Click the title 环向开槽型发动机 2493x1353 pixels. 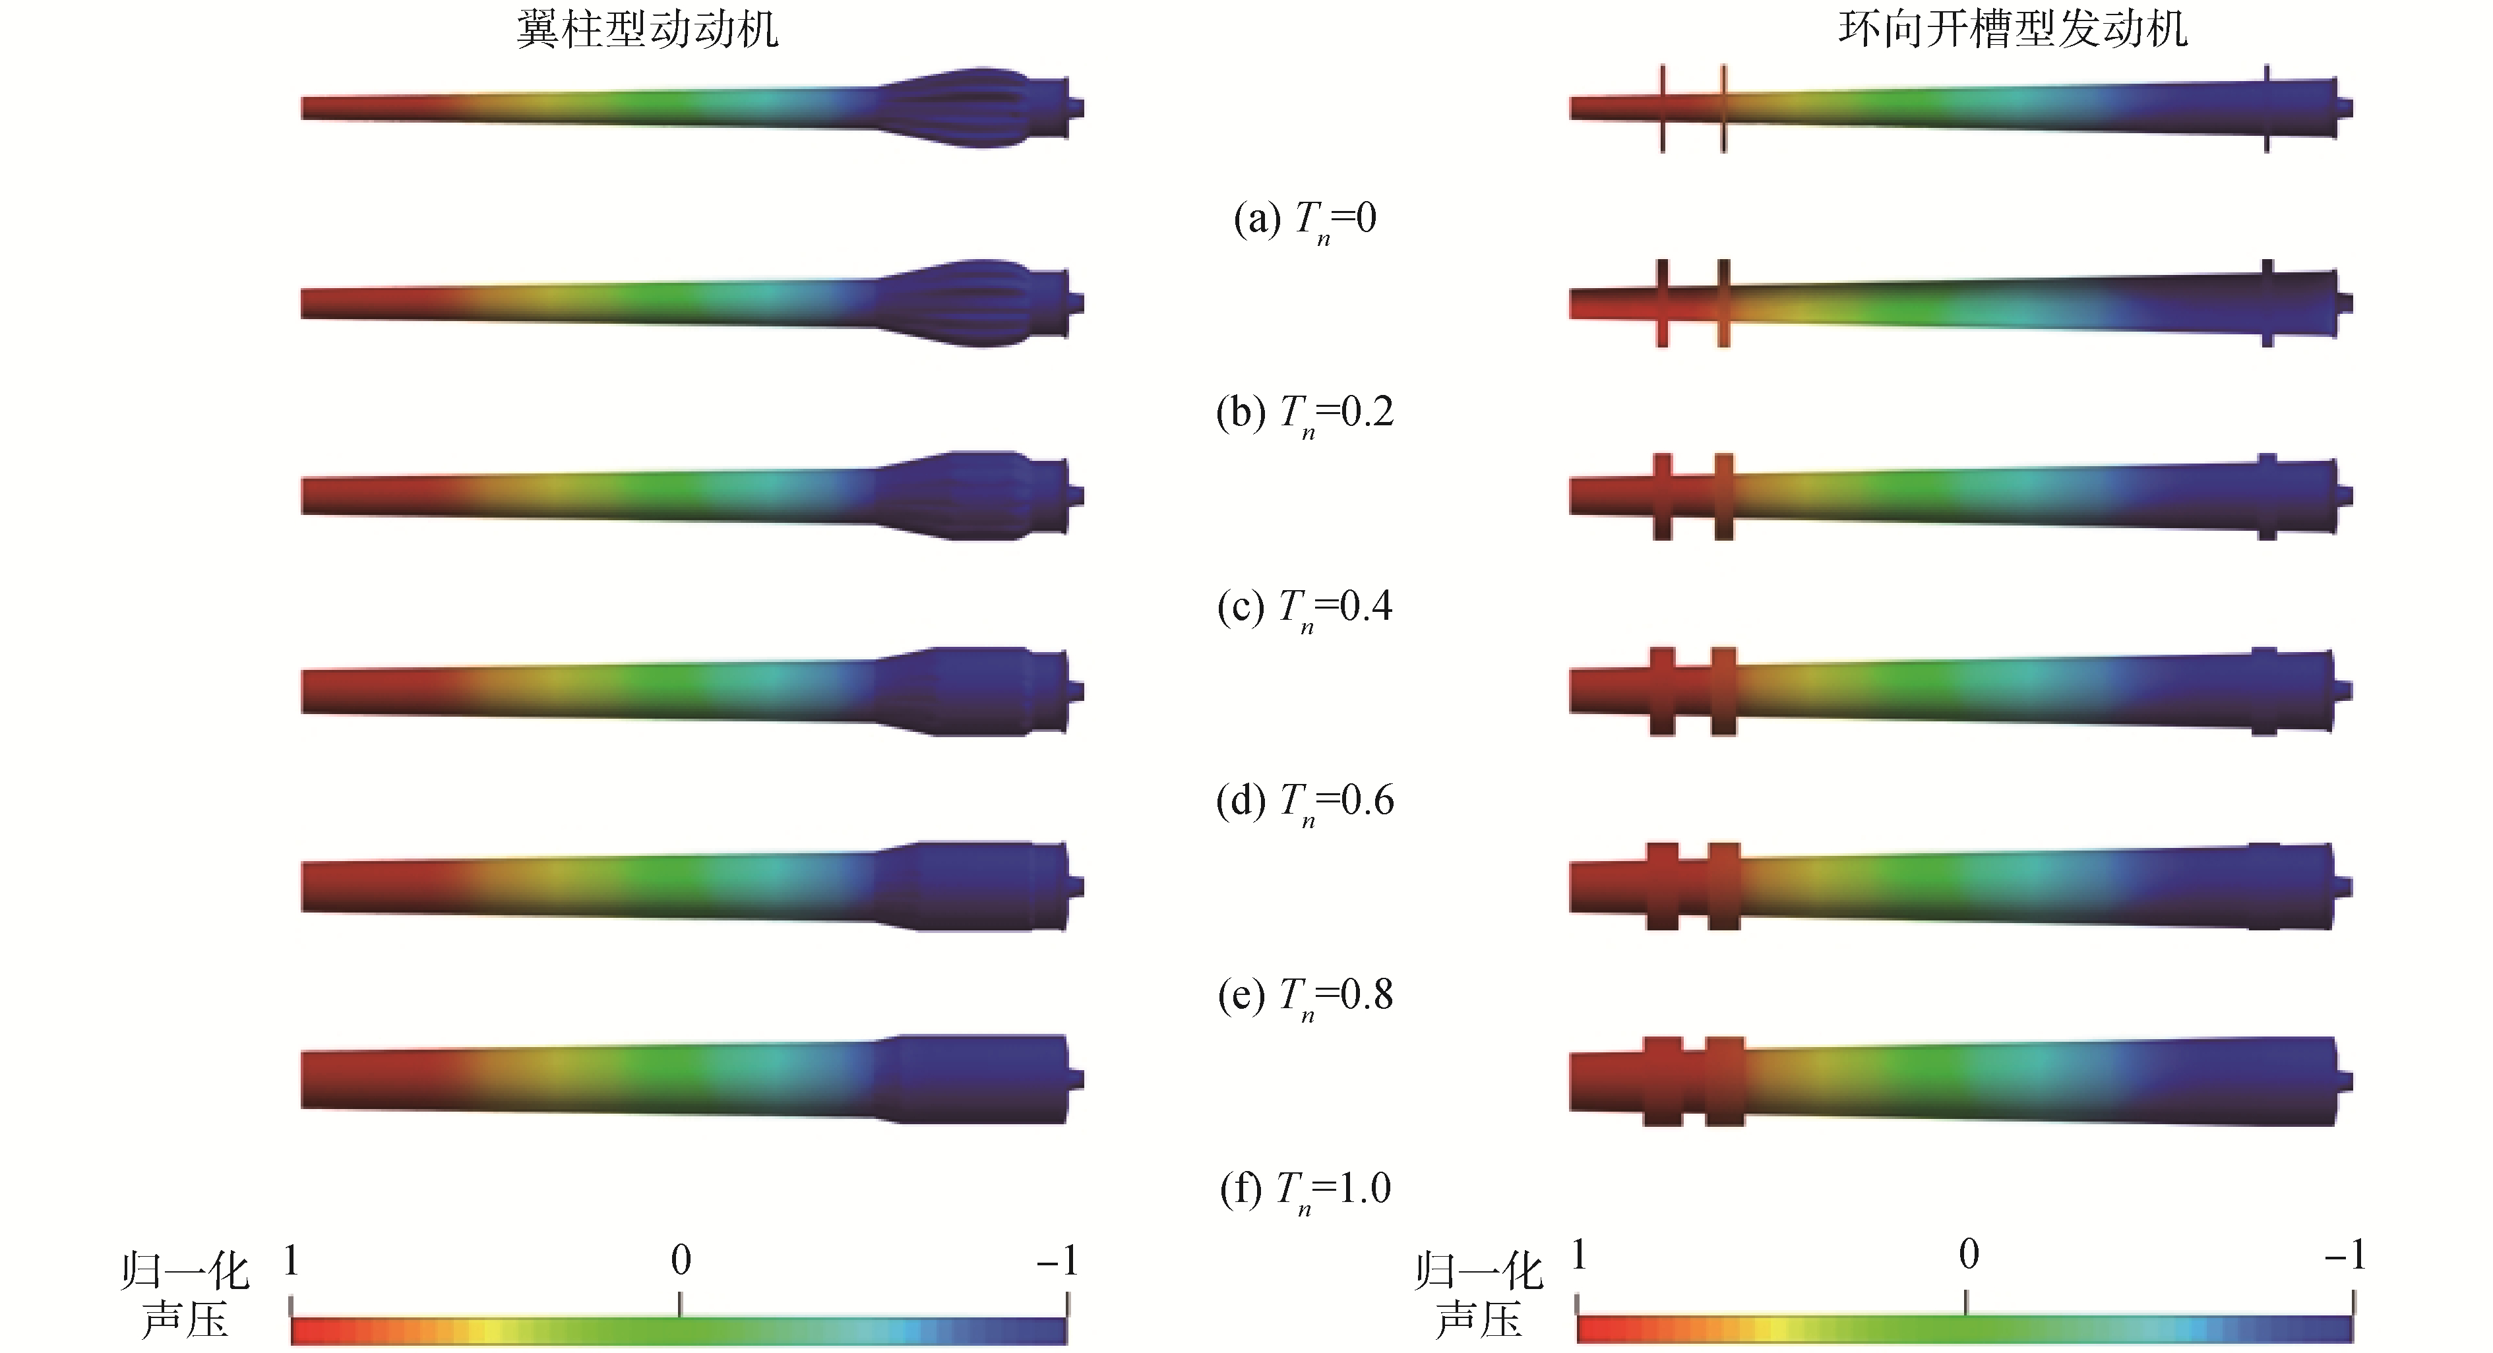pos(2013,29)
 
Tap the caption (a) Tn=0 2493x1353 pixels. pos(1305,221)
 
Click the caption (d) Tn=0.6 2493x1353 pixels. pos(1305,803)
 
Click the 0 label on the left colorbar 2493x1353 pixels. pos(681,1259)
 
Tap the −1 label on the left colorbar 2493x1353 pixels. pos(1057,1260)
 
